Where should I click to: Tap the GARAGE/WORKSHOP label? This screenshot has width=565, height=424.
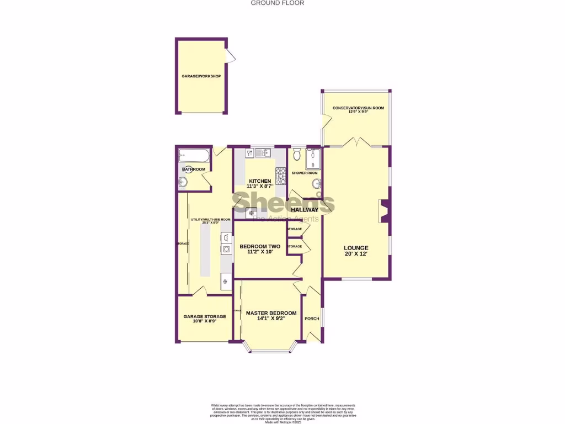(201, 76)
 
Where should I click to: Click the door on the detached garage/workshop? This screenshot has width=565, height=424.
(231, 55)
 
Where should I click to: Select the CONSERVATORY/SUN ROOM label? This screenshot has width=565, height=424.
(358, 108)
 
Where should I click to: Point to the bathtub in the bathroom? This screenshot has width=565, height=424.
(194, 155)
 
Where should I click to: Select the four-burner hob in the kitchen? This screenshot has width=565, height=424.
(280, 176)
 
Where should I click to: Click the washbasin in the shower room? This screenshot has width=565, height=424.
(316, 184)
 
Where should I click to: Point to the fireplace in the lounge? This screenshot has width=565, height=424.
(384, 212)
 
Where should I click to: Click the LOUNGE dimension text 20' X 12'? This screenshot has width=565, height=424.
(356, 254)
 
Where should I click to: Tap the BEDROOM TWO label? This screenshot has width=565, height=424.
(259, 246)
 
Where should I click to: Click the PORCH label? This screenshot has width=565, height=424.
(312, 319)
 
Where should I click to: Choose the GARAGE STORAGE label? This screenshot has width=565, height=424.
(205, 316)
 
